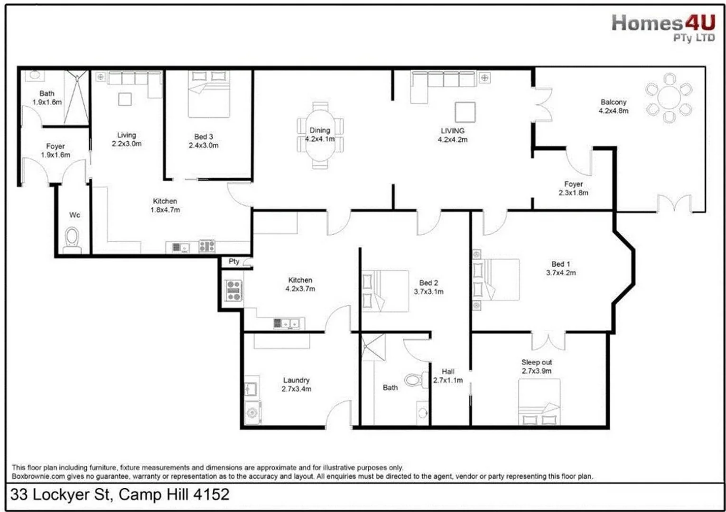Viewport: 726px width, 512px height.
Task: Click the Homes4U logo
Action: (663, 27)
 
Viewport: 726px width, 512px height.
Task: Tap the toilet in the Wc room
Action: (72, 238)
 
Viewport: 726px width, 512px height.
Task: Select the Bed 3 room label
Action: (204, 137)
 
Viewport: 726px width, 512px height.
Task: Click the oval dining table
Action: (320, 135)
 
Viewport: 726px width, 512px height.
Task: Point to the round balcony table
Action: (669, 98)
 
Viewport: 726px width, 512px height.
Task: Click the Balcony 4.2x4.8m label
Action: (614, 106)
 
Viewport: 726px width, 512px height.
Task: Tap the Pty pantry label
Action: (234, 261)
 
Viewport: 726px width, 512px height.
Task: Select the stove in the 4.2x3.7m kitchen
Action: (233, 291)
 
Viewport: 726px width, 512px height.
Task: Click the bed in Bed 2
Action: (385, 291)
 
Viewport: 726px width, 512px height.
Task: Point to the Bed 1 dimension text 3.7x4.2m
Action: (561, 273)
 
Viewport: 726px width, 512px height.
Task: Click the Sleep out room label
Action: (537, 362)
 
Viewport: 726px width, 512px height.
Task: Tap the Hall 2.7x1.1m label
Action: (448, 376)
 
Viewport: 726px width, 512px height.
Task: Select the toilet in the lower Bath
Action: (414, 380)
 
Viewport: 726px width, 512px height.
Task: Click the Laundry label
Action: (296, 380)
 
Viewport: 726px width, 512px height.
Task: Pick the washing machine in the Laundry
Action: (252, 412)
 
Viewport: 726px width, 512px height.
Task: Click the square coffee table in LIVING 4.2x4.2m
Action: (465, 112)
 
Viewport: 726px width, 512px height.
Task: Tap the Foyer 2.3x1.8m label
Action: (573, 188)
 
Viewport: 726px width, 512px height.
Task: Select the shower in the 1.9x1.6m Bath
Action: (76, 97)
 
